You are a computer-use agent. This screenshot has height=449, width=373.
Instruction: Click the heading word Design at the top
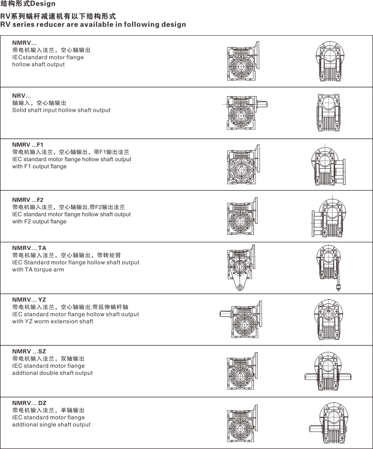click(42, 4)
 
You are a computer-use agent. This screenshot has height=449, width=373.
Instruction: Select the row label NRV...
click(21, 96)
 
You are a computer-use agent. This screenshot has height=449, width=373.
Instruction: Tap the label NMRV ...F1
click(27, 144)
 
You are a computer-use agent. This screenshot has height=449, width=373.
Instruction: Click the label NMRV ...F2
click(28, 199)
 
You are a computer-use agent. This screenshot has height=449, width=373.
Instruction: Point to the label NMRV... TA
click(29, 248)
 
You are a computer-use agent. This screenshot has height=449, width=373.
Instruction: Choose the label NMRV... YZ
click(29, 299)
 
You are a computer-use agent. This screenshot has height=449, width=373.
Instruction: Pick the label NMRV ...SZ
click(29, 351)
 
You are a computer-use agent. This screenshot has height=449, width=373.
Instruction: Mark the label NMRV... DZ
click(29, 402)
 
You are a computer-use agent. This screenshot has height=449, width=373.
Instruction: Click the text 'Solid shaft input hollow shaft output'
click(61, 110)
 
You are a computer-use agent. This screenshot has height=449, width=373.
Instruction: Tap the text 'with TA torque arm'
click(38, 270)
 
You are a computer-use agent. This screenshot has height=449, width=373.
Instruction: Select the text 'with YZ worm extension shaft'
click(53, 321)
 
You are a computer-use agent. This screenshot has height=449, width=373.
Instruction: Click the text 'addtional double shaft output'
click(52, 373)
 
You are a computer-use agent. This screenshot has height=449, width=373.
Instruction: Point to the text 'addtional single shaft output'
click(51, 424)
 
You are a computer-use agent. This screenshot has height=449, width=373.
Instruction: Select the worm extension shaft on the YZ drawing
click(225, 314)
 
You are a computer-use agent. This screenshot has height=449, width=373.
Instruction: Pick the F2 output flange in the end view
click(317, 223)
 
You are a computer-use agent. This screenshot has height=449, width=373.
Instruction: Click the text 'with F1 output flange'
click(39, 166)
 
